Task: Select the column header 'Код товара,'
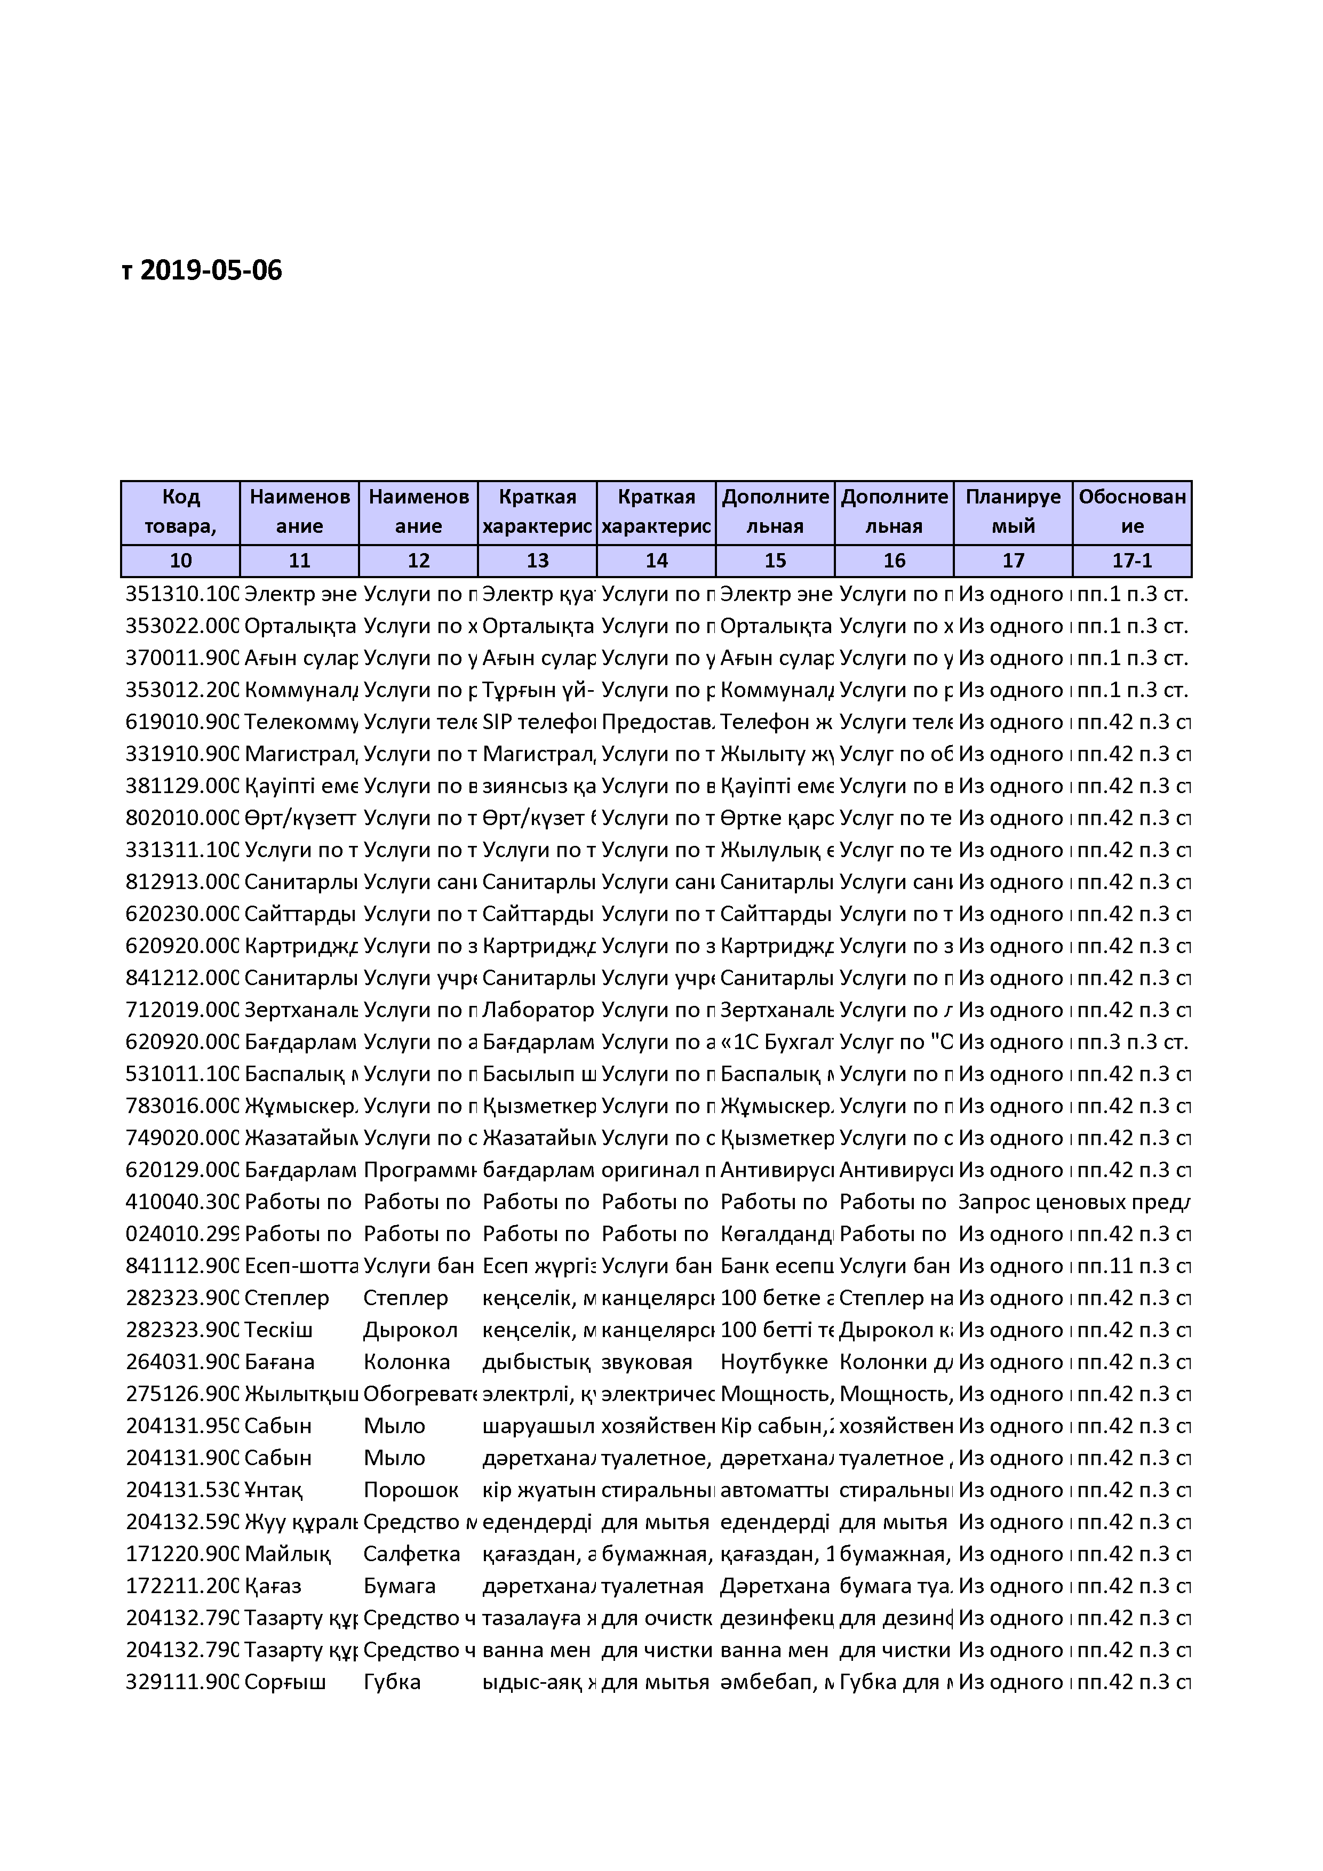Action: [180, 512]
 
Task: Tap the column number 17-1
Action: [1131, 561]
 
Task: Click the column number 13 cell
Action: [537, 561]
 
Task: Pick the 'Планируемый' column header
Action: [1013, 512]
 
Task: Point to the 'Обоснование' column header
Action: [1131, 512]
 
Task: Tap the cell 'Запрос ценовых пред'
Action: [1073, 1202]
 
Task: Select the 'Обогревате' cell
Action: [419, 1394]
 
